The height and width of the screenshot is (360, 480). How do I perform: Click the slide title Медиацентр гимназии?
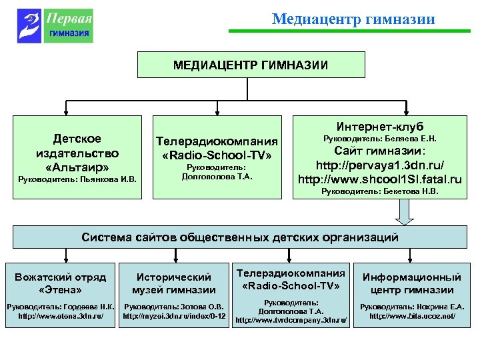(x=353, y=19)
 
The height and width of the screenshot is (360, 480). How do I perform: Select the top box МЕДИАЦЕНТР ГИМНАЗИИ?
(x=251, y=65)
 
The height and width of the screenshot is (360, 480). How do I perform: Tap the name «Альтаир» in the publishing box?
(x=77, y=166)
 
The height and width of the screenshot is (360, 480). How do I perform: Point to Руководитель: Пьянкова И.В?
(x=77, y=179)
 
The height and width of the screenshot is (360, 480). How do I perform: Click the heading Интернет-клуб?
(x=380, y=127)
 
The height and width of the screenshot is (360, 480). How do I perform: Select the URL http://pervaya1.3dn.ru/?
(x=380, y=165)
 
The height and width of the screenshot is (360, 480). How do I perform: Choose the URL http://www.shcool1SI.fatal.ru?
(x=380, y=179)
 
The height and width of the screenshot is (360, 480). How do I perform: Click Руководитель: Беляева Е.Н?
(x=380, y=139)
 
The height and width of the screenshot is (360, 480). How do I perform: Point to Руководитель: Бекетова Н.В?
(x=380, y=192)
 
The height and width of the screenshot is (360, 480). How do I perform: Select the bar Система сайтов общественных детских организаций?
(x=240, y=237)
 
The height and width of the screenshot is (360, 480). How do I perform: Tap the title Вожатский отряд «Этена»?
(x=61, y=282)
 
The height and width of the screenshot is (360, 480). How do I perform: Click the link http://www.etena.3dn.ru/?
(x=61, y=315)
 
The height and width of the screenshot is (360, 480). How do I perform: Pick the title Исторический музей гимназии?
(x=174, y=283)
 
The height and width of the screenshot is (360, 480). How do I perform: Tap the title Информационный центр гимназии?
(x=411, y=283)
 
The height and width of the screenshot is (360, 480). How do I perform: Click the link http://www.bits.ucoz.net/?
(x=412, y=315)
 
